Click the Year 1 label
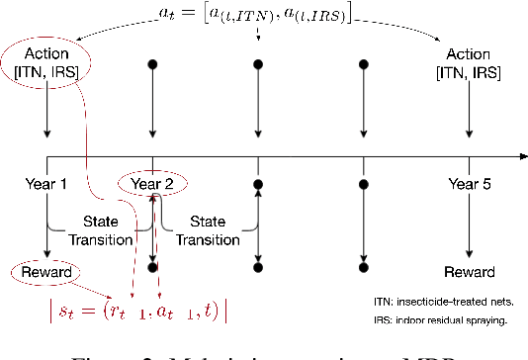pos(47,182)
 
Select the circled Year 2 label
pos(152,183)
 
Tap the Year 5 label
pos(469,182)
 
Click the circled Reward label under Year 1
pos(46,271)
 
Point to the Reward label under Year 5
pos(469,271)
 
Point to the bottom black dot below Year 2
pos(152,267)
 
